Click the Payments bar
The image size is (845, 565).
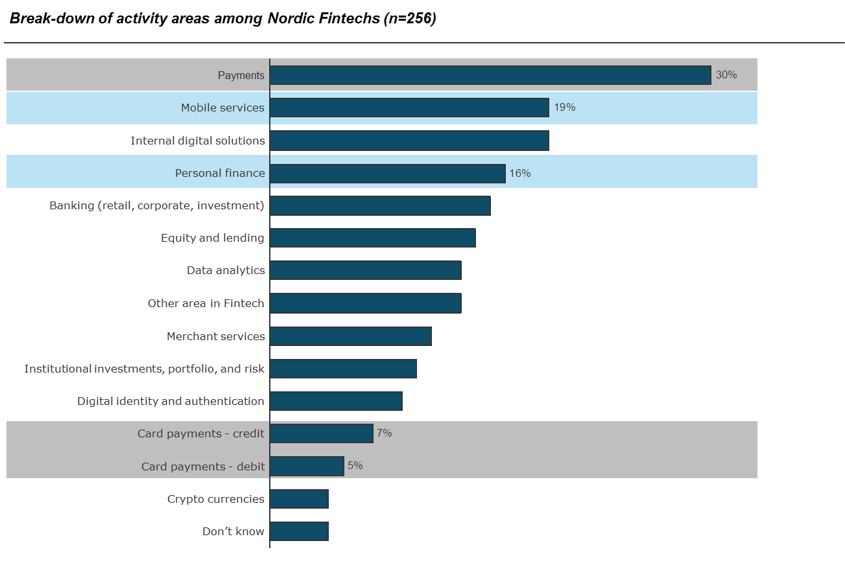pos(490,75)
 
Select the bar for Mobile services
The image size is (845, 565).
pos(409,108)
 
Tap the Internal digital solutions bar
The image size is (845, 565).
pos(409,141)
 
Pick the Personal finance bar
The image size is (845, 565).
pos(387,173)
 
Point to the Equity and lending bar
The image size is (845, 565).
pos(372,238)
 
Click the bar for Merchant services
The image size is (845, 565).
pos(350,336)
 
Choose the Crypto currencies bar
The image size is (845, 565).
pos(299,499)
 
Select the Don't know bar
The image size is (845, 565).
pos(299,531)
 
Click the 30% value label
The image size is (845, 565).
pos(726,75)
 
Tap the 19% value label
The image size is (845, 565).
pos(564,107)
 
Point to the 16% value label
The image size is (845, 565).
pos(520,173)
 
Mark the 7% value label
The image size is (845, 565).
pos(385,433)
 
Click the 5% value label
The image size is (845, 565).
pos(355,465)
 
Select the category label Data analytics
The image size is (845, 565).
pos(226,270)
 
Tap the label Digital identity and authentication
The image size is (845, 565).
pos(171,401)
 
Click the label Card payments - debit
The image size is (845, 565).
pos(203,467)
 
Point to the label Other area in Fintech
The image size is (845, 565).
pos(206,303)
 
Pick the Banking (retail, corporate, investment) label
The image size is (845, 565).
pos(157,205)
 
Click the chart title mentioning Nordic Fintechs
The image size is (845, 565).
pos(222,18)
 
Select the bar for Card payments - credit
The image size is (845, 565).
pos(321,433)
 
